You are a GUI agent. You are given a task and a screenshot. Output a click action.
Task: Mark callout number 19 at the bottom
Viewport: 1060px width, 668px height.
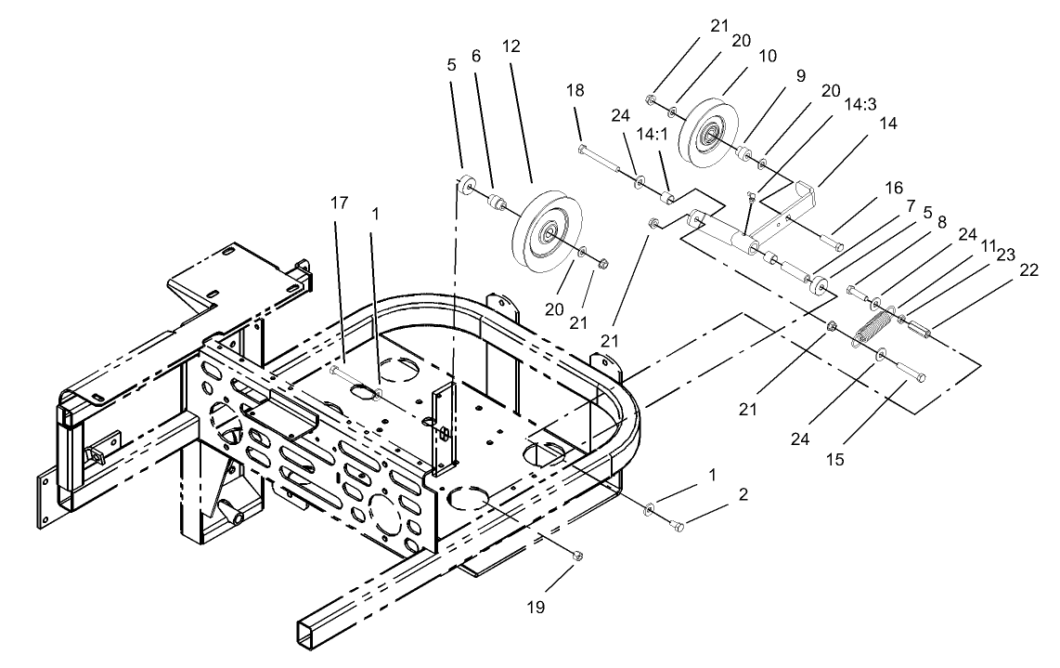click(537, 609)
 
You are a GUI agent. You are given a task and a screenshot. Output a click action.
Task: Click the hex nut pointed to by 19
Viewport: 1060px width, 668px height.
click(577, 557)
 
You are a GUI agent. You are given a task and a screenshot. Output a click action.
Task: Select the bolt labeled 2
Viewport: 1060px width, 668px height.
click(677, 526)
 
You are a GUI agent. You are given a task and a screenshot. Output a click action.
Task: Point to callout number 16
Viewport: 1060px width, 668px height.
click(894, 190)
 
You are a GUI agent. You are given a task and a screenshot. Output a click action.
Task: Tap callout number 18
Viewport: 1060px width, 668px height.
click(575, 89)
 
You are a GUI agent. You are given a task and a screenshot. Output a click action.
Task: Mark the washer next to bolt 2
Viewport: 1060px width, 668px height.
click(650, 507)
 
